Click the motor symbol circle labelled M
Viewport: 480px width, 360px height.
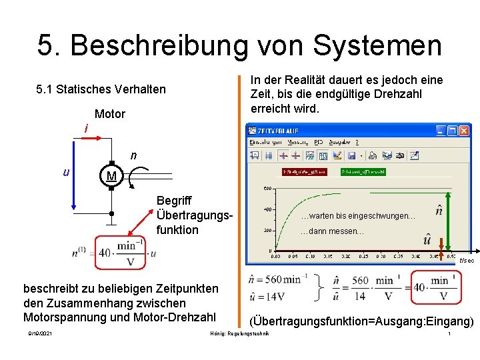[111, 177]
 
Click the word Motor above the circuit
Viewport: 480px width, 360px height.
[110, 114]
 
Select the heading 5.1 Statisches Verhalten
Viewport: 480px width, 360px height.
[101, 89]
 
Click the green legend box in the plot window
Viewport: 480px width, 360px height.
[363, 171]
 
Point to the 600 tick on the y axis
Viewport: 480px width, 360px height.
[266, 189]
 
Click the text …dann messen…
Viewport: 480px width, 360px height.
[331, 231]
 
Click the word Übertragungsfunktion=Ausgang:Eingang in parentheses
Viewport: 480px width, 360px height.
[361, 321]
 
